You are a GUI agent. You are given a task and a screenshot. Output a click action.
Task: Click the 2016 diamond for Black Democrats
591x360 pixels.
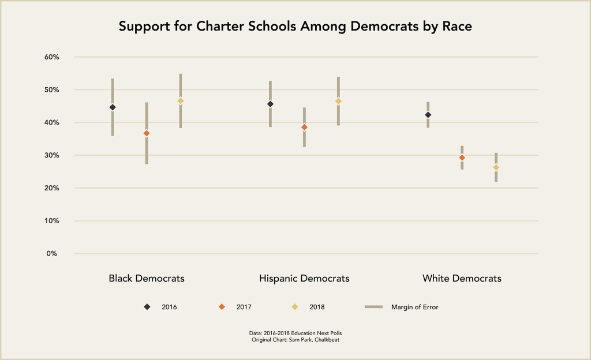(113, 107)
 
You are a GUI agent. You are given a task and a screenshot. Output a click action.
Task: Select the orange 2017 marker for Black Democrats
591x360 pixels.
(147, 133)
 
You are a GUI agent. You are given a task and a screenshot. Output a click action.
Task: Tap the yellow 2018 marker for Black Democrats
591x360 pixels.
(181, 101)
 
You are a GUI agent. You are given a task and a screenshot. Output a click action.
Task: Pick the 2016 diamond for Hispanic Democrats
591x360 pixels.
(270, 104)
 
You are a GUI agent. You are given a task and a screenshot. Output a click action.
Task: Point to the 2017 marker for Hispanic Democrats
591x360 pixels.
(304, 127)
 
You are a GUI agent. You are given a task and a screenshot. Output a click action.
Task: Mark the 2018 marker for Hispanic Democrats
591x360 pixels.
(338, 102)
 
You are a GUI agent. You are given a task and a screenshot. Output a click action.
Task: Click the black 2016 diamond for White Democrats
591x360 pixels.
(428, 115)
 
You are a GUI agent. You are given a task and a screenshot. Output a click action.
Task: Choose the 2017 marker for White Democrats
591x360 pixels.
(462, 157)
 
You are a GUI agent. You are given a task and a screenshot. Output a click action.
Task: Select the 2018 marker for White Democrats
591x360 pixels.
(496, 168)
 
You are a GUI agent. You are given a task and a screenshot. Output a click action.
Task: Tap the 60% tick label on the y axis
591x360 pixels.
(52, 57)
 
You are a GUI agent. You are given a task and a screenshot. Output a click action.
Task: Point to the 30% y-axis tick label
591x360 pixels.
(52, 155)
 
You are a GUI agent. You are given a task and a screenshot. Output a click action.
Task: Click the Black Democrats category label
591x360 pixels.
(147, 279)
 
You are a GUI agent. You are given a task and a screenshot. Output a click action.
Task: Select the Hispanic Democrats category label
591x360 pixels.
(304, 279)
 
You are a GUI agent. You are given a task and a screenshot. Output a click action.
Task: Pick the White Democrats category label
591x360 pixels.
(462, 279)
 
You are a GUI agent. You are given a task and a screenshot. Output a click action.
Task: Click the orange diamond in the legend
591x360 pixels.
(222, 307)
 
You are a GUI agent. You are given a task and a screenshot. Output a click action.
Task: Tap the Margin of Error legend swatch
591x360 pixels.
(374, 307)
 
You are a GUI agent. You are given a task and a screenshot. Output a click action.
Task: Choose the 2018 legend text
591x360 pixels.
(317, 307)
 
